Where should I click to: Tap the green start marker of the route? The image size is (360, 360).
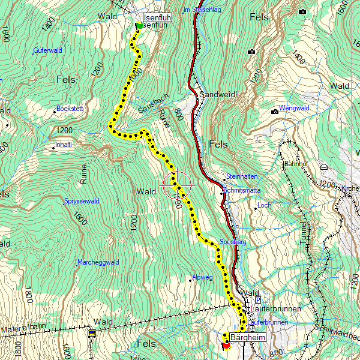coord(139,25)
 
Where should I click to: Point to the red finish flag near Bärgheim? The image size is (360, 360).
coord(226,345)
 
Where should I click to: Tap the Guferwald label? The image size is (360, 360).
coord(49,50)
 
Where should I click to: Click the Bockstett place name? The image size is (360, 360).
coord(70,109)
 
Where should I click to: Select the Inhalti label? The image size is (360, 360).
coord(64,145)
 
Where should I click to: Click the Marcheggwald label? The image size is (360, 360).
coord(99,262)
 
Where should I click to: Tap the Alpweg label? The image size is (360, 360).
coord(202,278)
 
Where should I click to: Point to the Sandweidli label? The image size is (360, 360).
coord(219,95)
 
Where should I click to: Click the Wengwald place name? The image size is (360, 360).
coord(294,108)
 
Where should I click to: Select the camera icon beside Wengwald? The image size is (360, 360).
coord(275,111)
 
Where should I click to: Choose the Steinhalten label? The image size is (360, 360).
coord(242,176)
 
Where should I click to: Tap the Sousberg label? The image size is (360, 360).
coord(233,242)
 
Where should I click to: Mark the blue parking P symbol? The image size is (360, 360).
coord(258,300)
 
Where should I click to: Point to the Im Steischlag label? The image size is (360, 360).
coord(202,10)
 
